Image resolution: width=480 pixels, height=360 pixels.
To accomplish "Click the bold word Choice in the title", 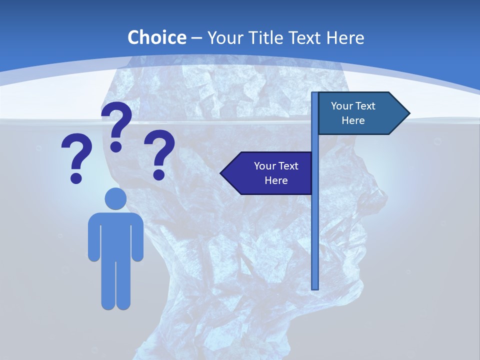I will coord(156,37).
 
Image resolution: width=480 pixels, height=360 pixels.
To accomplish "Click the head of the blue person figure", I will coord(115,198).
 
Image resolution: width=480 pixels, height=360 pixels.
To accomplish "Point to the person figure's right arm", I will coord(136,237).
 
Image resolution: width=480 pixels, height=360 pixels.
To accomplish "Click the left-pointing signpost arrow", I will coord(267,173).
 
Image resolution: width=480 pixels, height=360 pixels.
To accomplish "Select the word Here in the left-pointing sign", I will coord(276,180).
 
